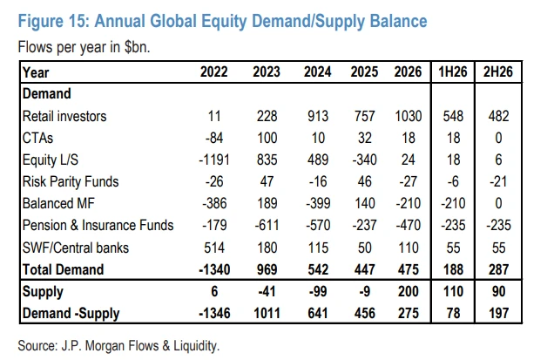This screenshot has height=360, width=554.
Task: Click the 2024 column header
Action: pos(317,71)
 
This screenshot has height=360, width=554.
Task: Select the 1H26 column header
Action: pos(453,71)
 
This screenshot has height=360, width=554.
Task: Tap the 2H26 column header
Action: pos(498,71)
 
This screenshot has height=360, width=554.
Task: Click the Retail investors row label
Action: pos(64,116)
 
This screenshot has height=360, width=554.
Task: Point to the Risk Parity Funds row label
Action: pos(71,182)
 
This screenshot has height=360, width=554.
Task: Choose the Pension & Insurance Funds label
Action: pos(98,225)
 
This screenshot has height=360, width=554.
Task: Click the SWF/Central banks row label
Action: pos(76,248)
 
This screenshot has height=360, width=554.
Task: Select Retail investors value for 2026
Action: pos(408,116)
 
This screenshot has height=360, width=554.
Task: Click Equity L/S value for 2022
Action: pos(214,160)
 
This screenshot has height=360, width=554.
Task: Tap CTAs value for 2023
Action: pos(267,138)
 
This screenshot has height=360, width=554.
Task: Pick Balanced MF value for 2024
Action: pos(318,204)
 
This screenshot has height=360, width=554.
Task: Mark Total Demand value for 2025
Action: pos(364,269)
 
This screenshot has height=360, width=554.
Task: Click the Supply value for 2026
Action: pos(408,291)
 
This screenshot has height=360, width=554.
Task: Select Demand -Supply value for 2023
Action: pos(267,313)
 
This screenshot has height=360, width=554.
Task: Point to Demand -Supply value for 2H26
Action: pos(498,313)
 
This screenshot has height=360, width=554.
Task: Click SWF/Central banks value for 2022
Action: pos(214,248)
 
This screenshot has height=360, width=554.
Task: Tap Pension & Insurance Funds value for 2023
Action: pos(267,225)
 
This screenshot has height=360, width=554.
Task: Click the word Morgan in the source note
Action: pos(105,346)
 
